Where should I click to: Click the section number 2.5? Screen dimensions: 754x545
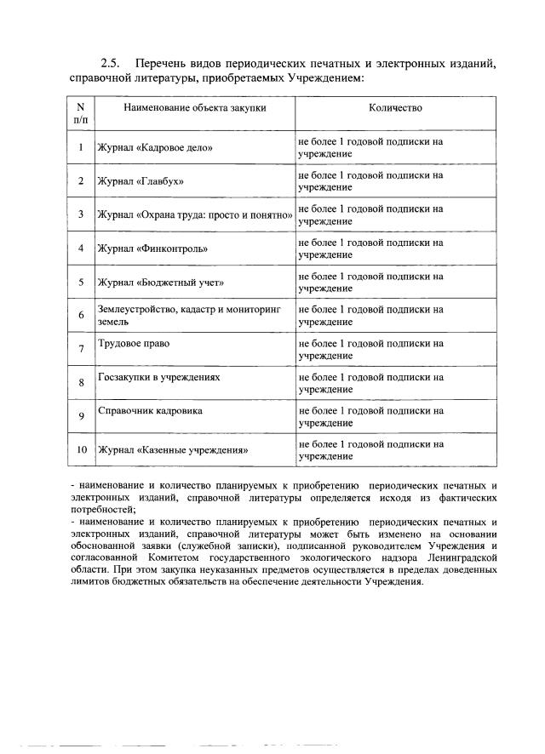click(112, 64)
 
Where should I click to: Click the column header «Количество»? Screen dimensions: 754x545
click(395, 108)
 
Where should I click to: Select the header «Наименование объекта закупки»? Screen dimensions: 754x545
click(194, 108)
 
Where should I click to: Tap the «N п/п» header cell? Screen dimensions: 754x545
click(80, 114)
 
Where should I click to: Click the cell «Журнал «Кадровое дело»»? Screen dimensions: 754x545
click(155, 147)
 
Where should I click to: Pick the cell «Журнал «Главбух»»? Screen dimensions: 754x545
click(141, 181)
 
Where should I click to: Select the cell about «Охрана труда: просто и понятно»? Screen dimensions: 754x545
click(195, 214)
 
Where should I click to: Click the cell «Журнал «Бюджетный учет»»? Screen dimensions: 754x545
click(161, 282)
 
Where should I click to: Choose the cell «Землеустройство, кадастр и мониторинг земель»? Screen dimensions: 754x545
click(189, 315)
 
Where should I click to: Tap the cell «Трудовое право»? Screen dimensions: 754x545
click(134, 344)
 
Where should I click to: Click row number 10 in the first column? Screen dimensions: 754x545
click(80, 449)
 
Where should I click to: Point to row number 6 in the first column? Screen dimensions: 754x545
click(80, 315)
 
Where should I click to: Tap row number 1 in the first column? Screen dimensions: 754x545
click(80, 147)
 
